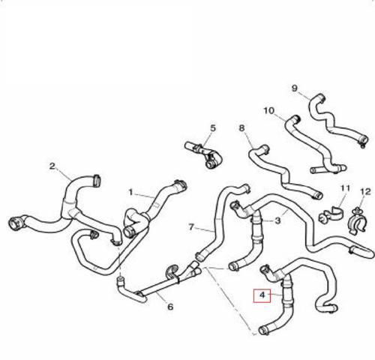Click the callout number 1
[x=130, y=192]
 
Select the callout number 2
[x=52, y=166]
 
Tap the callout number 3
[x=277, y=220]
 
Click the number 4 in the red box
[x=262, y=295]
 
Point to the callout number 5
[x=213, y=128]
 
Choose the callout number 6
[x=170, y=307]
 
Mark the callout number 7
[x=191, y=227]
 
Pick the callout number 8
[x=241, y=128]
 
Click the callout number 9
[x=295, y=88]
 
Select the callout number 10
[x=269, y=110]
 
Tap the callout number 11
[x=346, y=188]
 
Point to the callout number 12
[x=365, y=192]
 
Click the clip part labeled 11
[x=331, y=214]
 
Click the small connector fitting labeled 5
[x=205, y=154]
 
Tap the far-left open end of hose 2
[x=13, y=223]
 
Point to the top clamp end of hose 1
[x=181, y=184]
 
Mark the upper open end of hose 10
[x=295, y=118]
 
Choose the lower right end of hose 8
[x=317, y=196]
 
